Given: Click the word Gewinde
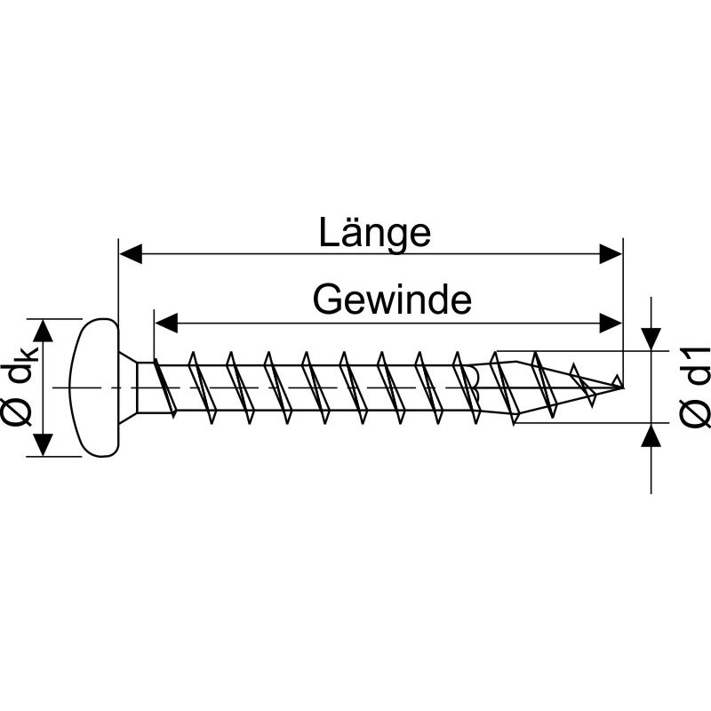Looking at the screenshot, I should (x=391, y=300).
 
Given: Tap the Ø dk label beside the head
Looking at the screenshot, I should (x=20, y=387).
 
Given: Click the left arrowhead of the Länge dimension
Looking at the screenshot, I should (x=130, y=255).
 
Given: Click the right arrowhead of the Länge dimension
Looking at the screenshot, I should (x=611, y=255).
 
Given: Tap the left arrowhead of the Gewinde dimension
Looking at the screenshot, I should (x=165, y=321).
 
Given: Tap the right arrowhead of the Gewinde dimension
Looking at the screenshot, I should (x=611, y=321).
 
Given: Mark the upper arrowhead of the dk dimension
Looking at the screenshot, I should (x=44, y=329).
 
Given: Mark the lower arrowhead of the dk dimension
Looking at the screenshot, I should (x=44, y=445).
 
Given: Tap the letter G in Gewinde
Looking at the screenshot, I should (x=329, y=300).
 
